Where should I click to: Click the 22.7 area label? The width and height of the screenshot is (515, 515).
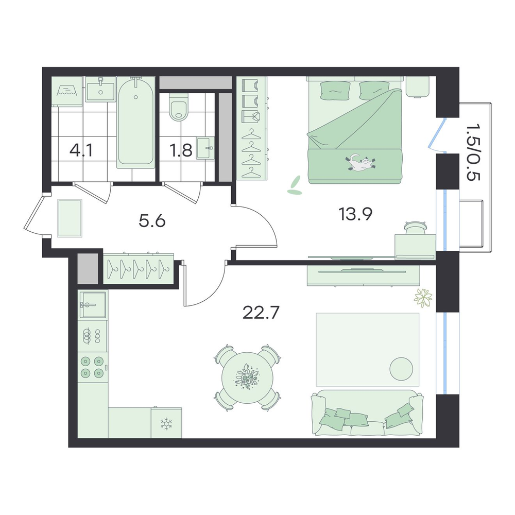click(x=261, y=313)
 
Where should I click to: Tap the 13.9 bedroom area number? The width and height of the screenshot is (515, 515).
click(x=355, y=214)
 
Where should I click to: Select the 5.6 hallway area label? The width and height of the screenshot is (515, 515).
click(x=152, y=221)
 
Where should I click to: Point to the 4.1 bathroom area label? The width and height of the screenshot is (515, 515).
click(x=81, y=150)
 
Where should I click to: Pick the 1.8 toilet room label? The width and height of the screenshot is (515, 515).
click(x=181, y=150)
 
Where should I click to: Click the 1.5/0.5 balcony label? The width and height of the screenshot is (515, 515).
click(x=473, y=152)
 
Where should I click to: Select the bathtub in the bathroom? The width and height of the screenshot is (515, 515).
click(x=135, y=122)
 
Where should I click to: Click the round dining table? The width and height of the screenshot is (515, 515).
click(x=247, y=377)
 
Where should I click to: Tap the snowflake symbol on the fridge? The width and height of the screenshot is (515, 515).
click(x=166, y=424)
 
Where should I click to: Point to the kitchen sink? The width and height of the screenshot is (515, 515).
click(x=93, y=304)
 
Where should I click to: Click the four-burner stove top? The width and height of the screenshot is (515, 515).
click(x=92, y=367)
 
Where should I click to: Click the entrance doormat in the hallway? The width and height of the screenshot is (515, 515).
click(x=70, y=218)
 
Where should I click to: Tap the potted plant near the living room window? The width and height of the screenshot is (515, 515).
click(x=423, y=298)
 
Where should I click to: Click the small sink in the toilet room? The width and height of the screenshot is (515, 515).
click(x=205, y=148)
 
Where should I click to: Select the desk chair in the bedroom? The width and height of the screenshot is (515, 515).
click(x=416, y=228)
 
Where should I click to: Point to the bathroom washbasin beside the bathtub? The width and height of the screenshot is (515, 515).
click(x=100, y=89)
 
